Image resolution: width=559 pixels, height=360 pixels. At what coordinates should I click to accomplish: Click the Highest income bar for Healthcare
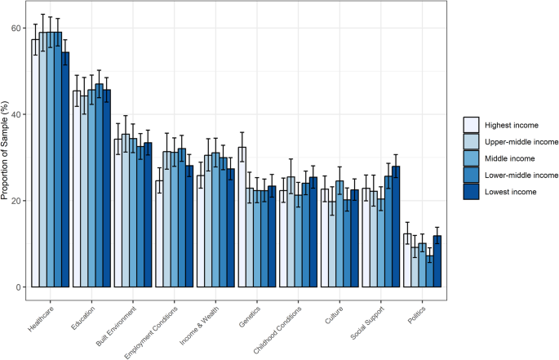pos(35,163)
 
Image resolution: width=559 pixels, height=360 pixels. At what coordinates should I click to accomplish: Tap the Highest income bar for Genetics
pos(242,217)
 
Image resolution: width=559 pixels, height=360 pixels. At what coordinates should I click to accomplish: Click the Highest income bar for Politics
pos(408,260)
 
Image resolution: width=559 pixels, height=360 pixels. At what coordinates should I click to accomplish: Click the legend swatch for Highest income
pos(471,124)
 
